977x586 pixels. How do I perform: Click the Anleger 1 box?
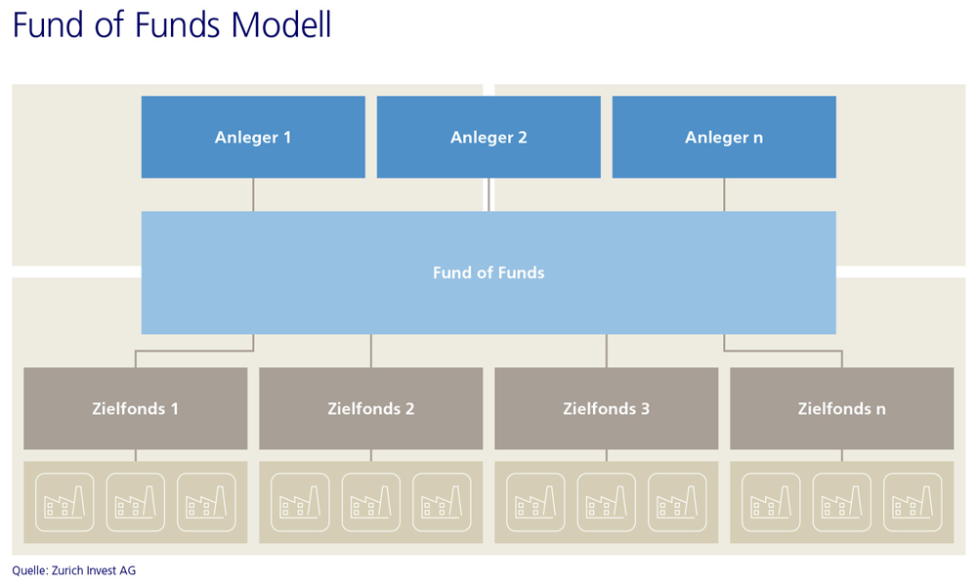(253, 137)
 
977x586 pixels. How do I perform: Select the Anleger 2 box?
(488, 137)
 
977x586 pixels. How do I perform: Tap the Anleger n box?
(724, 137)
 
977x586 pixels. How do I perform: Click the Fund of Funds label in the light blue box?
(488, 272)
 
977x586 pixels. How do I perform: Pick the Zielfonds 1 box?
(135, 408)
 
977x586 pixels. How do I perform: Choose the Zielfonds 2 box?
(370, 408)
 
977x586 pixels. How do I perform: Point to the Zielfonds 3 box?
(607, 408)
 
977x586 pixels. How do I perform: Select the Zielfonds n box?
(842, 408)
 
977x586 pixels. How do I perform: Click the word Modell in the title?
(281, 25)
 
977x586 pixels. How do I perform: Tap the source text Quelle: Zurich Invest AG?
(73, 570)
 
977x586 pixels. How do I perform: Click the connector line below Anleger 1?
(253, 194)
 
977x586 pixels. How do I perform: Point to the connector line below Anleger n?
(724, 194)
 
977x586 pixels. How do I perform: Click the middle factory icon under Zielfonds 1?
(135, 502)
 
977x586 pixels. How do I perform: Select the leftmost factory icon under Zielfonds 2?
(300, 502)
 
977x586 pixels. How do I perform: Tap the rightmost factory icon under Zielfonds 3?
(677, 502)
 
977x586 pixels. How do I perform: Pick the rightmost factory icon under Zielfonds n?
(913, 502)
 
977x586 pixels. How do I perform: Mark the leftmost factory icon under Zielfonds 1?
(64, 502)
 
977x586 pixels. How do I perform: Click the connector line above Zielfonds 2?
(370, 351)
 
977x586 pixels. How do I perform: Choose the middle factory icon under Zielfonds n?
(842, 502)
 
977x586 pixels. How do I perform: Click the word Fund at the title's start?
(47, 25)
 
